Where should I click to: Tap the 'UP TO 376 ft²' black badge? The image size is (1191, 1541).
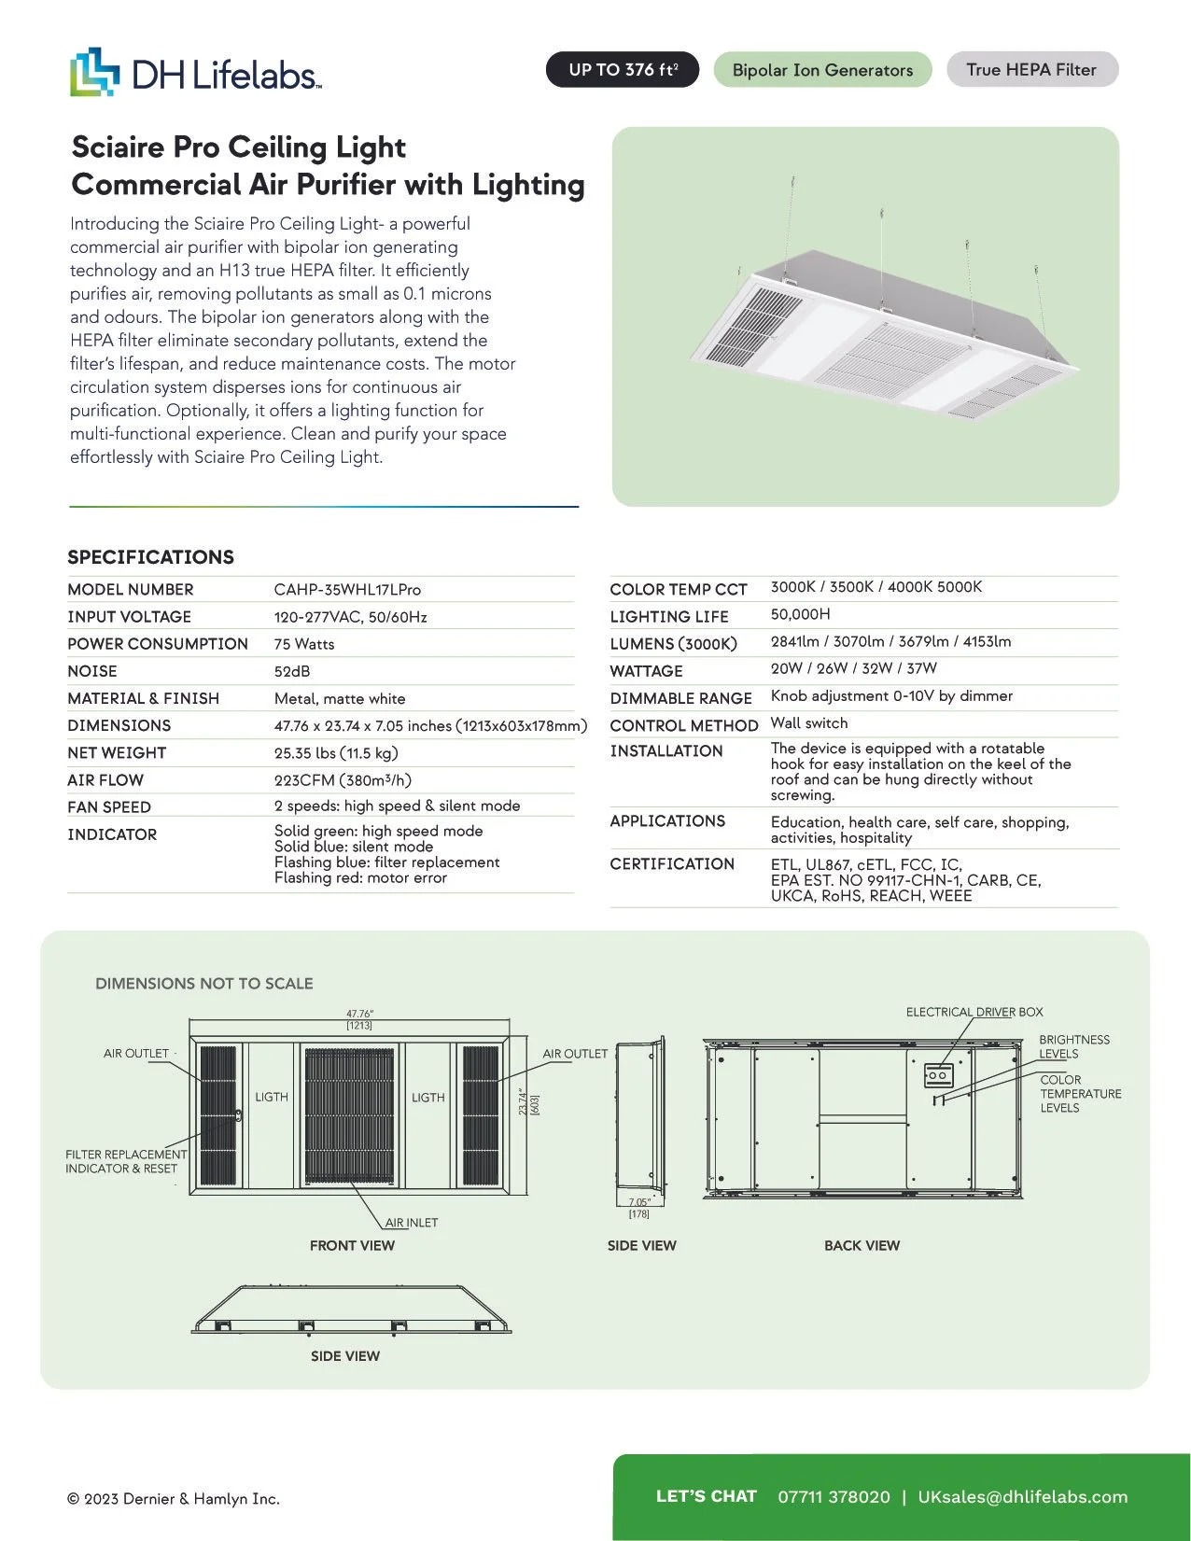click(623, 70)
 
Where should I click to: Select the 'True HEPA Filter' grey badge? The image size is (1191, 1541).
click(1031, 70)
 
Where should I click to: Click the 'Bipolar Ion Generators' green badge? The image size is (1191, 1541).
click(822, 70)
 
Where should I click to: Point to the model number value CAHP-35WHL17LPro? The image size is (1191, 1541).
click(347, 590)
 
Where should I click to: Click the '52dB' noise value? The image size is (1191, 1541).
click(292, 671)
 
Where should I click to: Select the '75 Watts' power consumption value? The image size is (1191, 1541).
click(304, 644)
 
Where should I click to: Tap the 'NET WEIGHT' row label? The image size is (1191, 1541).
click(117, 752)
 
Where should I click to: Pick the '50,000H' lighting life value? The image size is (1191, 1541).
click(801, 614)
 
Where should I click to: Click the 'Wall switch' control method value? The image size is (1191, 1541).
click(809, 723)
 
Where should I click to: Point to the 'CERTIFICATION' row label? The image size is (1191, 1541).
click(672, 864)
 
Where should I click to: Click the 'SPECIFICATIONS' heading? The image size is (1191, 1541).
click(150, 557)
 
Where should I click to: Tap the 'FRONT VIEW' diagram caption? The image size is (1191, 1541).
click(352, 1245)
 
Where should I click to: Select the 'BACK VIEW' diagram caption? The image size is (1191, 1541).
click(862, 1245)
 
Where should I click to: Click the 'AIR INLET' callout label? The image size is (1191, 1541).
click(412, 1223)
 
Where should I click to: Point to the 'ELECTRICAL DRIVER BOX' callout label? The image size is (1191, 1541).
click(974, 1012)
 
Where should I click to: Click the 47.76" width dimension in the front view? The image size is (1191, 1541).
click(359, 1014)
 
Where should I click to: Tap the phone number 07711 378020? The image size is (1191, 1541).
click(834, 1497)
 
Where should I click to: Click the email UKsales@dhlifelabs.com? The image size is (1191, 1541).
click(1023, 1497)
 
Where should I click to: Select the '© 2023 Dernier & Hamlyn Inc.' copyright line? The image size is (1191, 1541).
click(174, 1499)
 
